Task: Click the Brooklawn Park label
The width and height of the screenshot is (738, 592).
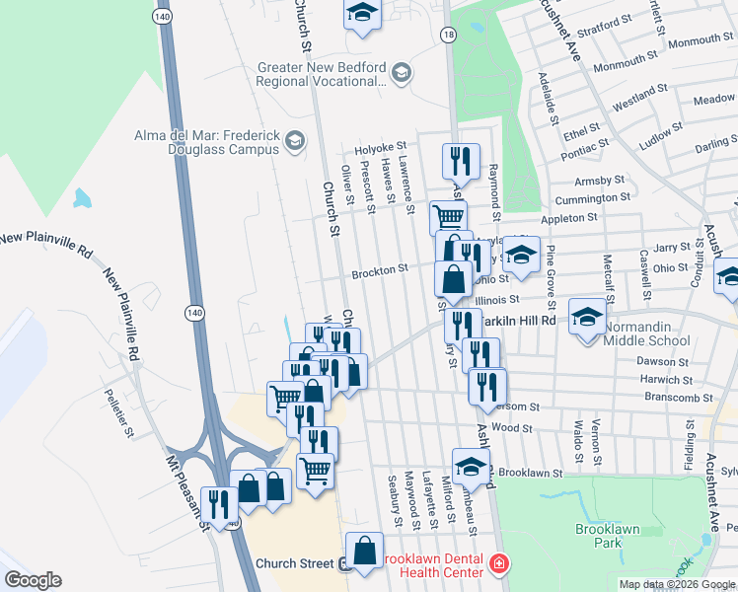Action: [x=608, y=536]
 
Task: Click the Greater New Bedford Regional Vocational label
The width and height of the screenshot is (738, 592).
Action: [x=320, y=74]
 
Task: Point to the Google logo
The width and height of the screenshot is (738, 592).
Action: [x=33, y=580]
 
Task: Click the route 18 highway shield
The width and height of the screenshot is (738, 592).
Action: [x=449, y=35]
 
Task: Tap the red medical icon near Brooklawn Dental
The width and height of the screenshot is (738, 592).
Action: [x=500, y=564]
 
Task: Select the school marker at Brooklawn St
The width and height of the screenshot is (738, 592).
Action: [x=471, y=467]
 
